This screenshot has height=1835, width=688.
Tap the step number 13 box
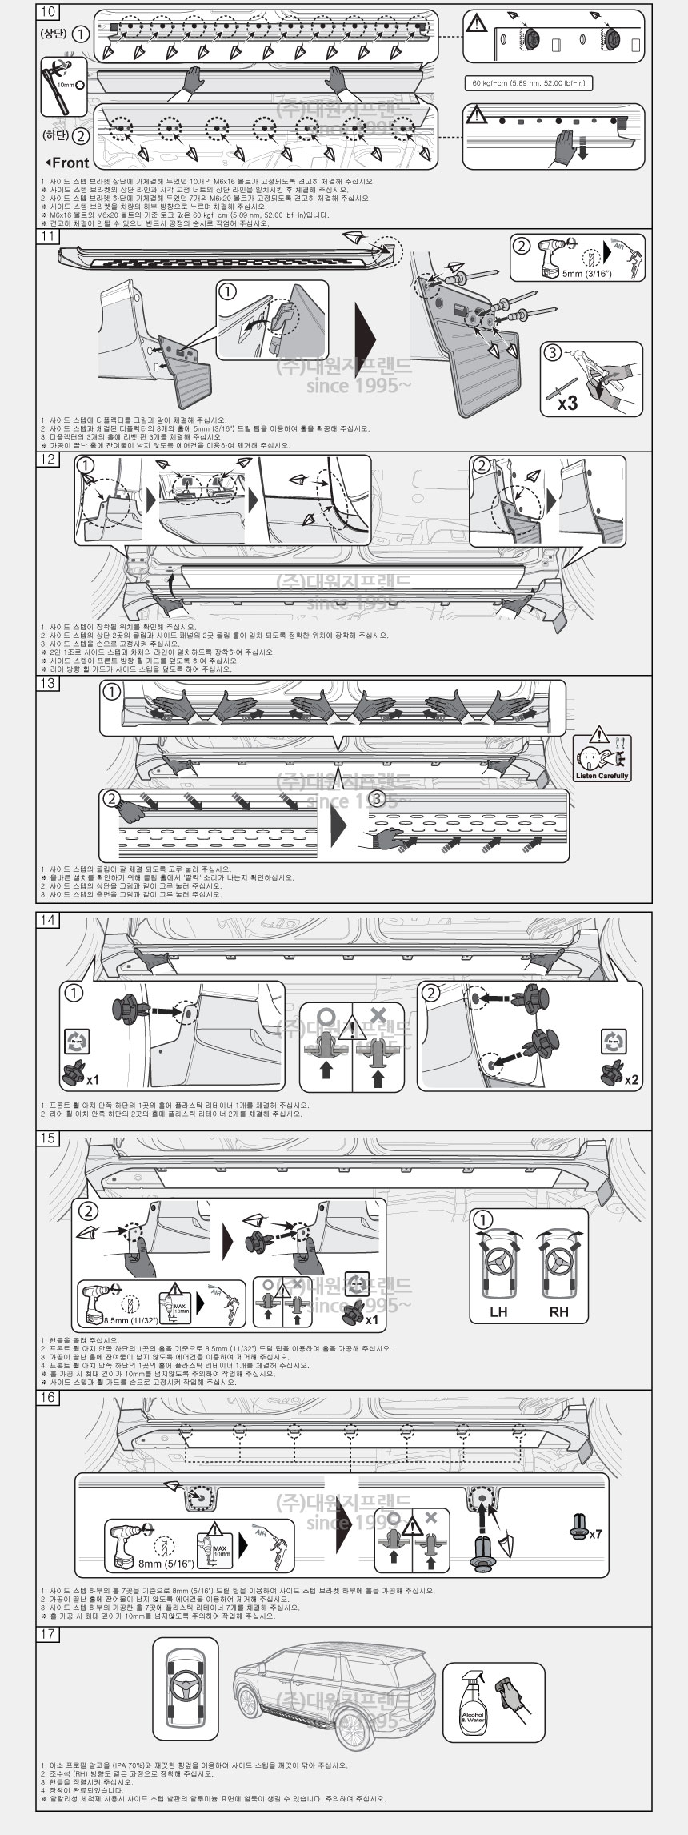pos(48,682)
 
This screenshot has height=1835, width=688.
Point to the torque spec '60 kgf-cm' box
pos(528,83)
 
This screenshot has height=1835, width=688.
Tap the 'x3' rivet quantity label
pos(568,403)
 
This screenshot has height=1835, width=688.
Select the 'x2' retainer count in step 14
pos(632,1079)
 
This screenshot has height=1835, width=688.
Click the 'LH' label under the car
pos(499,1312)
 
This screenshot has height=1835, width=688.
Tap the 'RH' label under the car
pos(559,1312)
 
